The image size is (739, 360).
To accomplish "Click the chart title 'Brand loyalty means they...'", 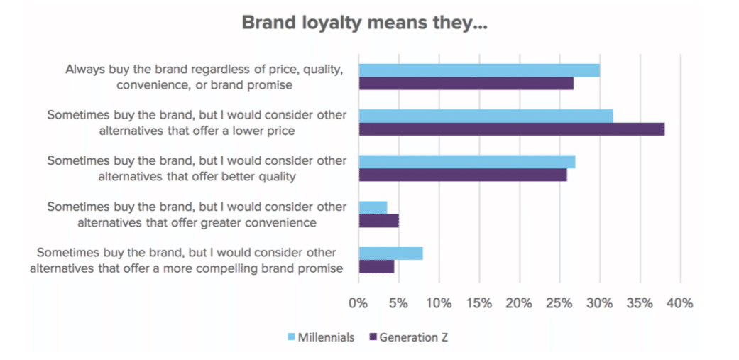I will (x=364, y=22).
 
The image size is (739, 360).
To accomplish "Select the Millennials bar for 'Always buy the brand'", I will (x=478, y=70).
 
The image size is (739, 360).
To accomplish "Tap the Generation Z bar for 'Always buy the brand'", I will (x=466, y=84).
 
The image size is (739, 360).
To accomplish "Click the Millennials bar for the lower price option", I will (x=486, y=116).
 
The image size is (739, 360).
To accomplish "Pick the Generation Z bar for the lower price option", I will (x=511, y=129).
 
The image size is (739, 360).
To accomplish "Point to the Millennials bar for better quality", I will (x=466, y=162).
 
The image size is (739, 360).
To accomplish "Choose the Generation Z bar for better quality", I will (x=462, y=175).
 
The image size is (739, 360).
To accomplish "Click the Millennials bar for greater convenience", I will (x=373, y=207).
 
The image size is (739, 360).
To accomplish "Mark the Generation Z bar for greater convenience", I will (x=378, y=221).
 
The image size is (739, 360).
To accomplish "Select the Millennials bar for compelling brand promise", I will (x=390, y=253).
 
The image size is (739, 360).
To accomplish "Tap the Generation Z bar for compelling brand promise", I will (x=376, y=266).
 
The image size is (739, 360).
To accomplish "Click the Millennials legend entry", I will (x=320, y=337).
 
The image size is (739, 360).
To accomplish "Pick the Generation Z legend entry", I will (x=407, y=337).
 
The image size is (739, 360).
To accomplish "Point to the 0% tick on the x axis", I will (x=358, y=303).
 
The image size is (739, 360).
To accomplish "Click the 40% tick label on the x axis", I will (x=679, y=303).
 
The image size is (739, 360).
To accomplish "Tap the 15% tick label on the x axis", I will (x=478, y=303).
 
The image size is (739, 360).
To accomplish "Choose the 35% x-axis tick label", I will (x=639, y=303).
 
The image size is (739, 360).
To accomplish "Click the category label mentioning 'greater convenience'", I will (x=197, y=214).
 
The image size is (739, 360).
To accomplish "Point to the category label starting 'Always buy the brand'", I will (x=205, y=77).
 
